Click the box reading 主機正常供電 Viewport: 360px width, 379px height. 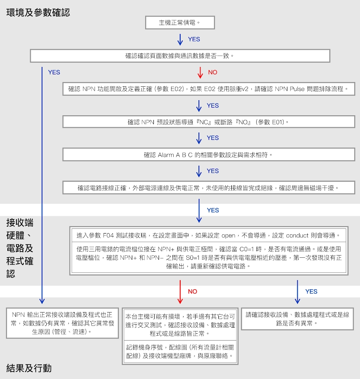pos(180,22)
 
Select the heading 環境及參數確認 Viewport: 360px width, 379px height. pos(38,13)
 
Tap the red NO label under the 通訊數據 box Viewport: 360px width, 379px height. pos(213,72)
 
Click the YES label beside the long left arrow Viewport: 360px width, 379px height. pos(54,72)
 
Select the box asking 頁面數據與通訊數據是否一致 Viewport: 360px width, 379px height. pos(180,56)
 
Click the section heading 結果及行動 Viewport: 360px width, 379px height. pos(29,368)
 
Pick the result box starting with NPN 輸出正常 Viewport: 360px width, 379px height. pos(62,323)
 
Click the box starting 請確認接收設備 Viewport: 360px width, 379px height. pos(297,319)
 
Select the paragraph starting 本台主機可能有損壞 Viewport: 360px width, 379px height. pos(180,325)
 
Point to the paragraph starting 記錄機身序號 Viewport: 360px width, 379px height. pos(180,351)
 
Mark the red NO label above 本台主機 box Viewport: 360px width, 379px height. pos(192,291)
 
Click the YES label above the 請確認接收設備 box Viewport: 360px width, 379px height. pos(311,291)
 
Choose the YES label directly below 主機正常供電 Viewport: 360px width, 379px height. pos(194,39)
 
